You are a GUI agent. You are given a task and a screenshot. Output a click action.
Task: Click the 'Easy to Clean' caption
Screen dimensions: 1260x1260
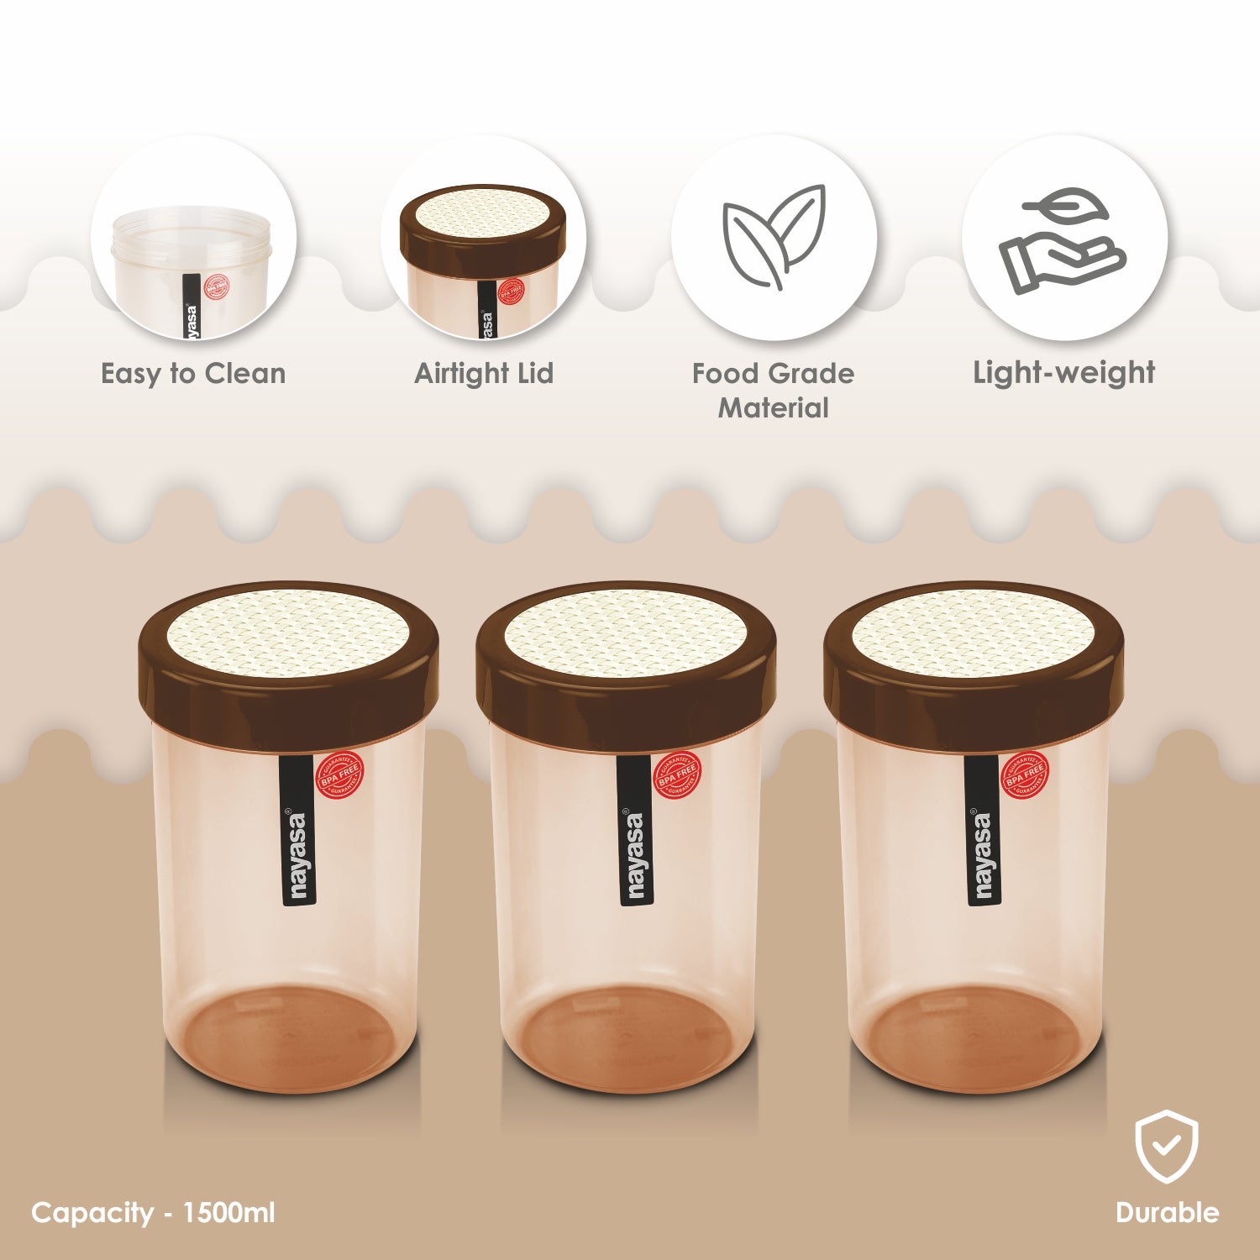point(193,373)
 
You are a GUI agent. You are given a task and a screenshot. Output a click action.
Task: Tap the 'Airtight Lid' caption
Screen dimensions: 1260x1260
point(484,373)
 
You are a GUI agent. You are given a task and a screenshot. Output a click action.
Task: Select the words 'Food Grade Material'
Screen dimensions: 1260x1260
point(773,391)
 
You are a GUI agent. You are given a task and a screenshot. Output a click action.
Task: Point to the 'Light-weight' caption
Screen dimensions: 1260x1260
point(1063,372)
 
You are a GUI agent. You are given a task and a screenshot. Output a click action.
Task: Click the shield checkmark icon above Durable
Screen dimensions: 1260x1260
point(1166,1147)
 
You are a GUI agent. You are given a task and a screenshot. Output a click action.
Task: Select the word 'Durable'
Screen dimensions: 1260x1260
point(1166,1212)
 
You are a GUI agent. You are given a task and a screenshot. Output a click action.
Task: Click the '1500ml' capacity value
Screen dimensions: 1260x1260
point(228,1212)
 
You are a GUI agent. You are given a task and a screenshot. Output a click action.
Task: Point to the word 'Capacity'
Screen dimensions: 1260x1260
point(92,1212)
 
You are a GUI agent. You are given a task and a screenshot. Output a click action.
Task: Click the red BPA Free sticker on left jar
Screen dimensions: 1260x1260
point(339,775)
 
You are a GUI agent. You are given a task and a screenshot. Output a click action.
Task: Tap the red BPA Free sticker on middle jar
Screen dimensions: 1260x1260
point(677,775)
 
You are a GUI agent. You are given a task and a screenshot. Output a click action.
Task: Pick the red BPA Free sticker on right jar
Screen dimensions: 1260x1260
point(1025,775)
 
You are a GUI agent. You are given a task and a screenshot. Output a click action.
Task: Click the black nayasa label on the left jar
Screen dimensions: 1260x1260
point(298,832)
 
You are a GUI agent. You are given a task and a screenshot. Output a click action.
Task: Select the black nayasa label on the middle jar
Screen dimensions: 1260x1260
point(636,832)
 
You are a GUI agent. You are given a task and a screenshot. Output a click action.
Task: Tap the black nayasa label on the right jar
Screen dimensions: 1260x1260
point(983,832)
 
